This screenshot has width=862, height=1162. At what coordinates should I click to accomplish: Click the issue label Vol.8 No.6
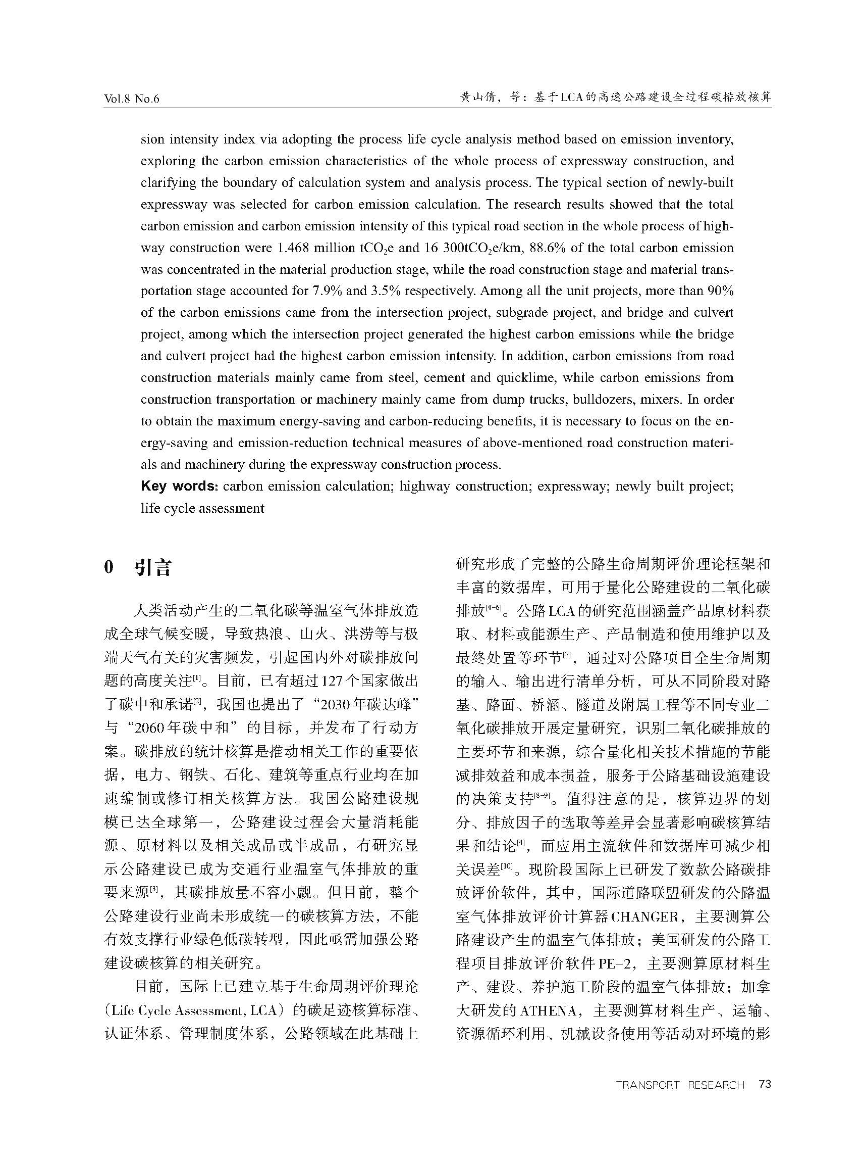click(132, 99)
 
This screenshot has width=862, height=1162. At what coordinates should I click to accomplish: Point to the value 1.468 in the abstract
click(292, 248)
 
